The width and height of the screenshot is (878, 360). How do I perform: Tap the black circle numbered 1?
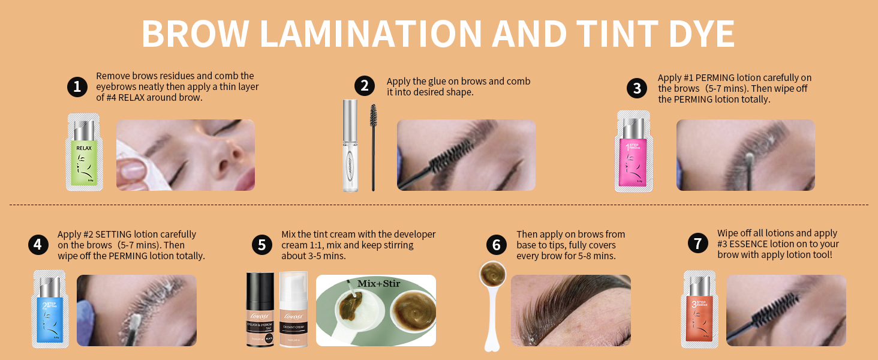(77, 86)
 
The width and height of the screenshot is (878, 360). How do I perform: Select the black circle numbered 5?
(262, 244)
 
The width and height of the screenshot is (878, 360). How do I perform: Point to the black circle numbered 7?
(697, 243)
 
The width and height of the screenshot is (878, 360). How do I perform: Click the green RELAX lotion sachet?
(84, 152)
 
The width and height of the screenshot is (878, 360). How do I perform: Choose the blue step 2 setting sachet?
(50, 309)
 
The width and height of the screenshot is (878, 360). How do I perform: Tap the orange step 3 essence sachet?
(700, 309)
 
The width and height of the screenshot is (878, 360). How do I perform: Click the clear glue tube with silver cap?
(350, 146)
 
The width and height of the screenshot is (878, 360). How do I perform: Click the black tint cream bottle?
(260, 309)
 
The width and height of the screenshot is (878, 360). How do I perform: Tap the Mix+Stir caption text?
(379, 283)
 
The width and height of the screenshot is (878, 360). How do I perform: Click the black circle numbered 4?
(38, 244)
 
